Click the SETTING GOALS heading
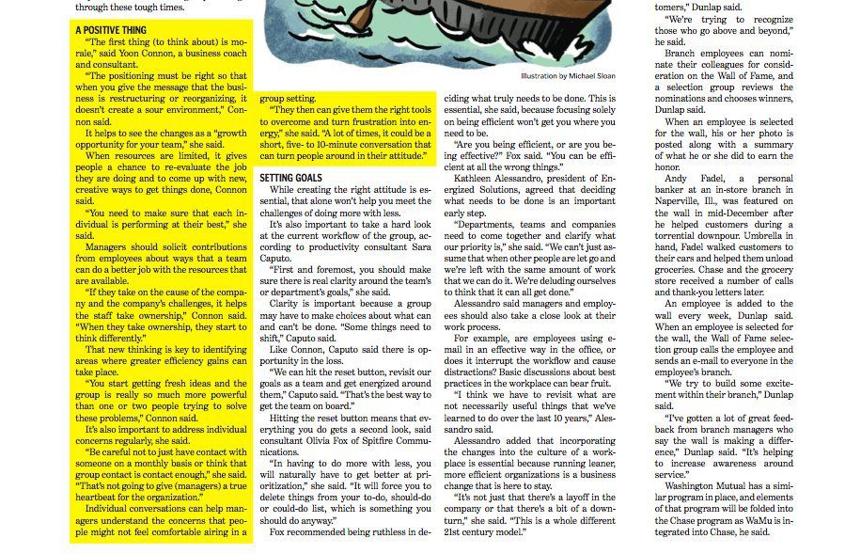click(291, 177)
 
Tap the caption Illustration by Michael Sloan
click(568, 76)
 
